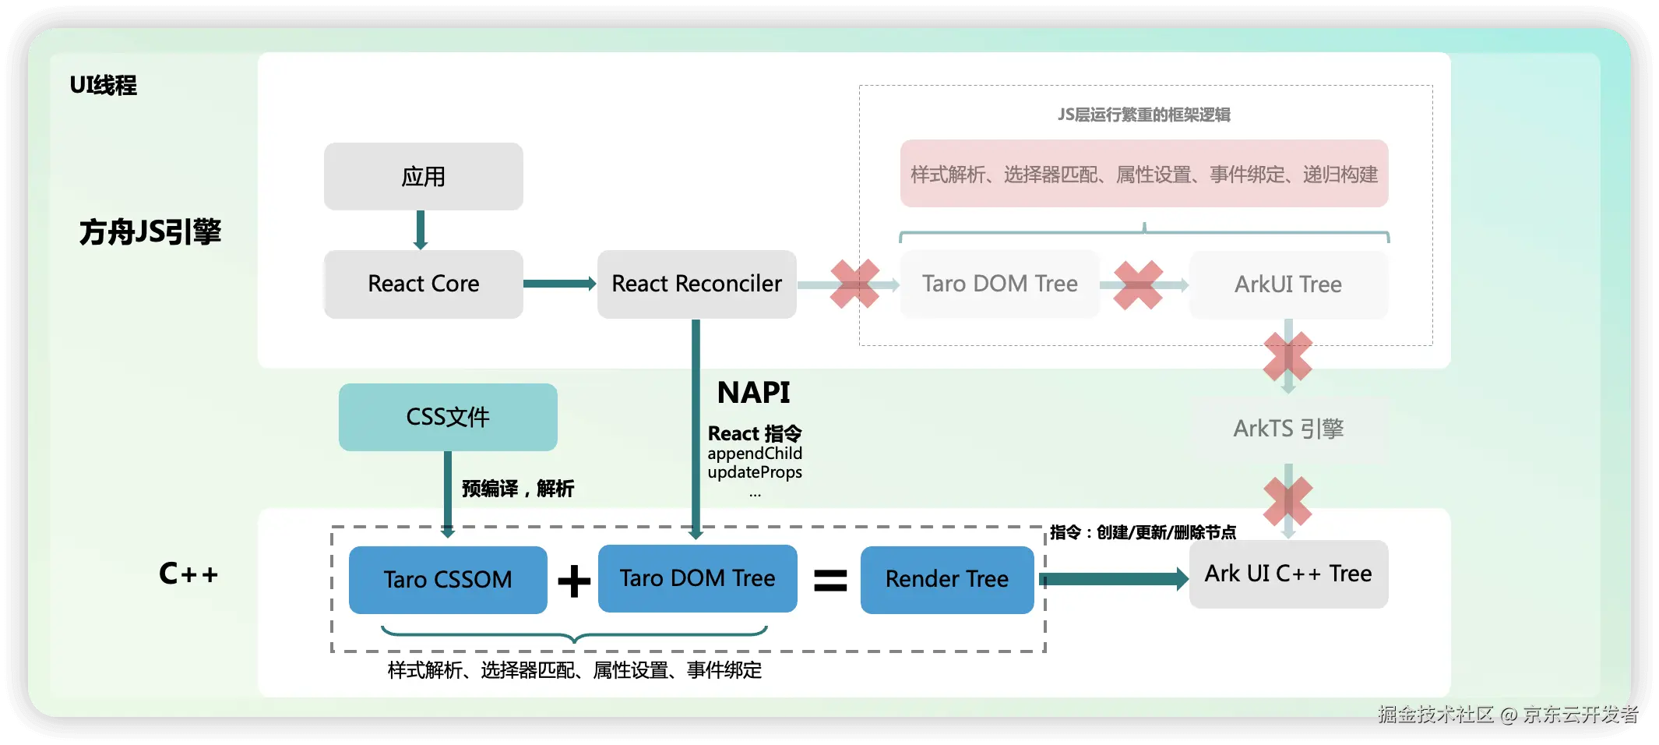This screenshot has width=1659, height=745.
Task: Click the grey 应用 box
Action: coord(423,176)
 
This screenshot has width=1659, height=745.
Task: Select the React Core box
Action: coord(423,284)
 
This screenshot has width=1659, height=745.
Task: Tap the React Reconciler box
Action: coord(696,284)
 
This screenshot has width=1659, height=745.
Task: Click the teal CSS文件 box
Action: coord(448,417)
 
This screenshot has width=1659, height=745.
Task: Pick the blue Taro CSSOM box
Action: coord(448,580)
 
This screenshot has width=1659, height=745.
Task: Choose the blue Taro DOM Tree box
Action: coord(697,578)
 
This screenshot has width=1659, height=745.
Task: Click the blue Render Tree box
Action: coord(946,579)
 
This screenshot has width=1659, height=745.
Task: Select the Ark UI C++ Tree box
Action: coord(1288,574)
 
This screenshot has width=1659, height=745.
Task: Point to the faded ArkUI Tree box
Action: coord(1288,284)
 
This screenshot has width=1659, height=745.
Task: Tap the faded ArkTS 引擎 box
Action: coord(1288,429)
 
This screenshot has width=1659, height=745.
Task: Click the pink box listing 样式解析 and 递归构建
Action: coord(1143,174)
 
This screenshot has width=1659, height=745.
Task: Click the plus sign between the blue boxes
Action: coord(574,581)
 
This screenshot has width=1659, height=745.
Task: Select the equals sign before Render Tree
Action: coord(830,581)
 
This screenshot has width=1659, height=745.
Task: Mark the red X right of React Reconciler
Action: coord(854,284)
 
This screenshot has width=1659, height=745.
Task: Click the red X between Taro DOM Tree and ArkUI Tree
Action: coord(1138,285)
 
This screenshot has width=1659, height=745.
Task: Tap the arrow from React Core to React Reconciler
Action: coord(559,284)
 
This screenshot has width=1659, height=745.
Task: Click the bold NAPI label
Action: coord(753,393)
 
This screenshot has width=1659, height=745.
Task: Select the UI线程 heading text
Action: coord(103,85)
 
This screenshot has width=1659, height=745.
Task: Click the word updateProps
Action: coord(754,472)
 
